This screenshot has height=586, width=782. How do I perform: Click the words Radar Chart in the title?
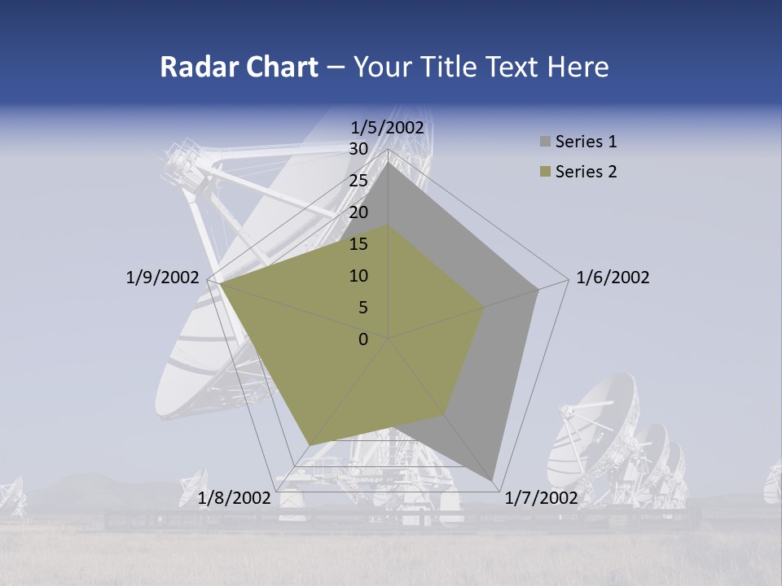239,67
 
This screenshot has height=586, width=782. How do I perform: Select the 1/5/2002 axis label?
387,127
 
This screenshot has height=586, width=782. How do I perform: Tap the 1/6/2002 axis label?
613,278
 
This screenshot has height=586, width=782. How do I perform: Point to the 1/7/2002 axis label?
541,497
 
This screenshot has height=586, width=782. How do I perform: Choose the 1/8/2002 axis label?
234,497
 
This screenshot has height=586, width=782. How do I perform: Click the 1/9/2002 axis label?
162,278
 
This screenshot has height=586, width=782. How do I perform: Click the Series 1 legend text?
586,142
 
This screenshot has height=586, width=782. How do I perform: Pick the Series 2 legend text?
586,172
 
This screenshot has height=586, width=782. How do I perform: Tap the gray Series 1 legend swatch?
545,142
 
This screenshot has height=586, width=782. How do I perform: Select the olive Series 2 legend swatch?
545,173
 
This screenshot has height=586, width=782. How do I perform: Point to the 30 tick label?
358,149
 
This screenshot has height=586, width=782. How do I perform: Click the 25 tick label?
358,181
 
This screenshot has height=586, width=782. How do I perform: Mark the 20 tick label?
358,212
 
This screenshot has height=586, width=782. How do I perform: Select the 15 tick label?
358,244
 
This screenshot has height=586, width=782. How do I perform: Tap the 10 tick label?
358,276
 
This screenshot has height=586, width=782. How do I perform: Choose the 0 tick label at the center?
363,339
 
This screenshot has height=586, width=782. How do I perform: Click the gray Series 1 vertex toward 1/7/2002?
494,479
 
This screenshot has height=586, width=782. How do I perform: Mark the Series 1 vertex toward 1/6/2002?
538,289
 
